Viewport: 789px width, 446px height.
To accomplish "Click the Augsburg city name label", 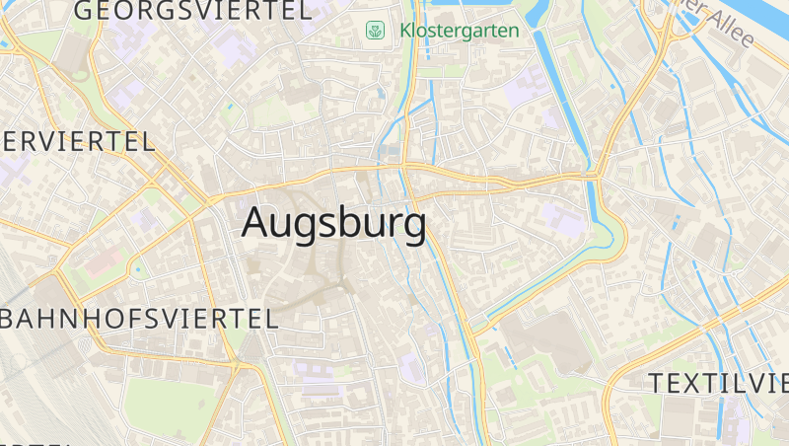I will tap(333, 223).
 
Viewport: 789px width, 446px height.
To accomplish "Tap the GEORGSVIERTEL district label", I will tap(192, 12).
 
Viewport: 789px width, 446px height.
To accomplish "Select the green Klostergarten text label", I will tap(460, 31).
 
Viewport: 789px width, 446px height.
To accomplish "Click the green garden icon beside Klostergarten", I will tap(375, 31).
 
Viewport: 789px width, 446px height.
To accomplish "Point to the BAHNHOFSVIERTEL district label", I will tap(138, 318).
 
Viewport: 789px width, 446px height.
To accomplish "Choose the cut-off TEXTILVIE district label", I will tap(718, 383).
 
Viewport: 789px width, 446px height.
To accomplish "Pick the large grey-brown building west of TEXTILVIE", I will tap(547, 340).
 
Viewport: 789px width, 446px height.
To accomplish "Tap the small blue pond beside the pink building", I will tap(137, 268).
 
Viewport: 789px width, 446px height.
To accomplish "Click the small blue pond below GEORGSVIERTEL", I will tap(230, 105).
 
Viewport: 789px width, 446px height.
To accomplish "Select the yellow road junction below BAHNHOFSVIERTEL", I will tap(237, 366).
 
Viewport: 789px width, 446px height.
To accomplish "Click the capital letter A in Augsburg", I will tap(255, 222).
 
